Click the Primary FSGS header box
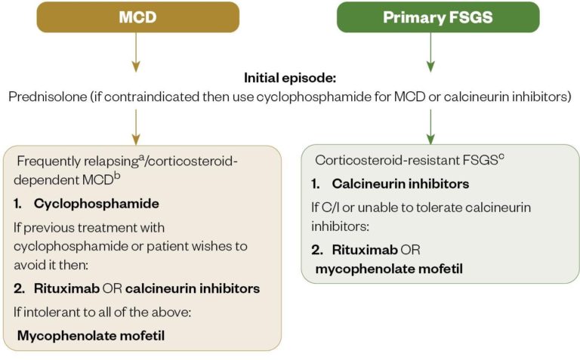[438, 17]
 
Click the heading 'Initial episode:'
[290, 78]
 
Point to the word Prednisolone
[46, 97]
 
